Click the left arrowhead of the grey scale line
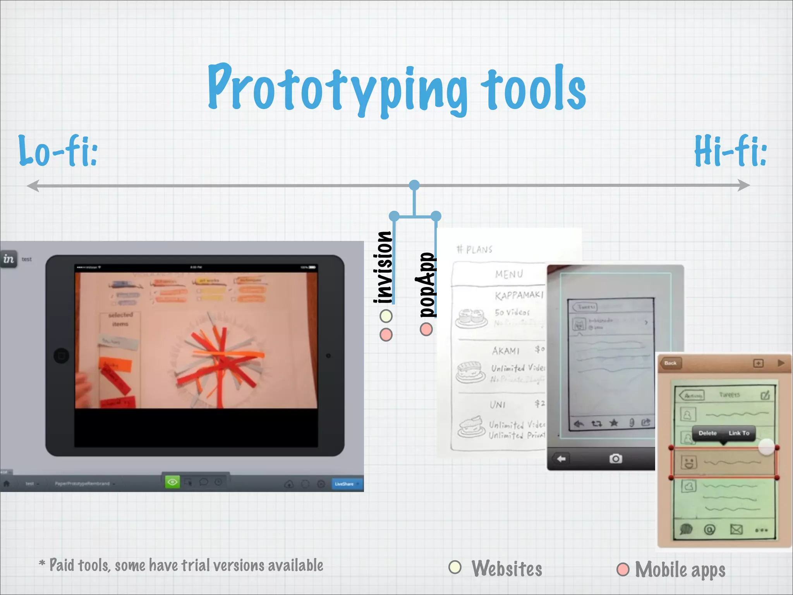[x=33, y=186]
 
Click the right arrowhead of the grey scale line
[x=744, y=186]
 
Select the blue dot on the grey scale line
[x=414, y=185]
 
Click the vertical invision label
[x=383, y=267]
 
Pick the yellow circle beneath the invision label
[x=386, y=316]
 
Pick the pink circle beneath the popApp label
[x=426, y=329]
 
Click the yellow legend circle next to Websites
[x=455, y=567]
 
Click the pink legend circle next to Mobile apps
[x=623, y=569]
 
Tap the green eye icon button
[x=172, y=482]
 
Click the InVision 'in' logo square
[x=9, y=259]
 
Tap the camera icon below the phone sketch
[x=616, y=459]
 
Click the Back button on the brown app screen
[x=670, y=363]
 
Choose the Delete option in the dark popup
[x=707, y=433]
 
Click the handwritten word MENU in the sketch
[x=509, y=274]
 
